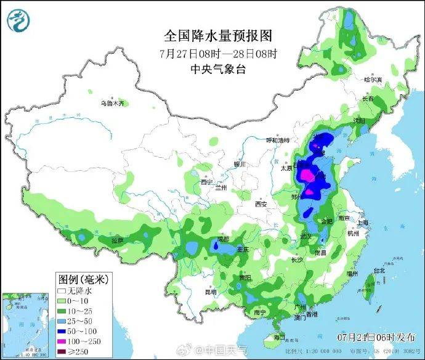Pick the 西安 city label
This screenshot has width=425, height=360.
tap(261, 204)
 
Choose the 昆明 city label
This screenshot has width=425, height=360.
tap(211, 292)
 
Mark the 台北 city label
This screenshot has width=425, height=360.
tap(379, 270)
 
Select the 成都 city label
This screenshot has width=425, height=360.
tap(223, 239)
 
